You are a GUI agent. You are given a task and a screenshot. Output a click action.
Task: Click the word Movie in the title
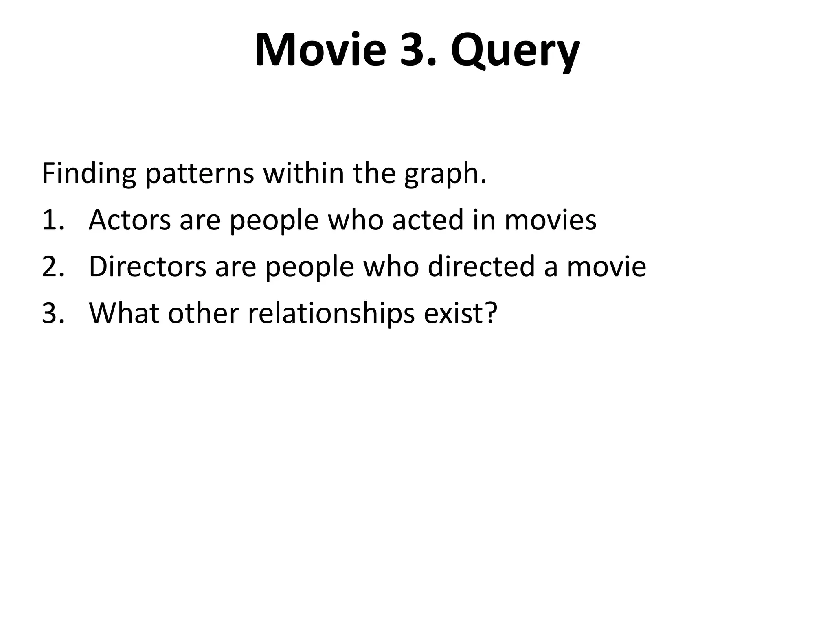[320, 50]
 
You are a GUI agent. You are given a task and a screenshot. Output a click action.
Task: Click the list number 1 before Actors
[53, 220]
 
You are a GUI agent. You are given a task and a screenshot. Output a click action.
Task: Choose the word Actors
[129, 220]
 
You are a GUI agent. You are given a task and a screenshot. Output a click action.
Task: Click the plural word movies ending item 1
[550, 220]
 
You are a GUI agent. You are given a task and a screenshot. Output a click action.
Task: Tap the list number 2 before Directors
[53, 267]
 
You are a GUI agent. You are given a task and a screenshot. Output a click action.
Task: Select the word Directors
[147, 267]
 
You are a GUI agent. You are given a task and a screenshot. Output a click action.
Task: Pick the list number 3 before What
[53, 313]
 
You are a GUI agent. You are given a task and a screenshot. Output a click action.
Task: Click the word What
[124, 313]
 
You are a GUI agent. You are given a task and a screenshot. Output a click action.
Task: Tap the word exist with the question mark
[461, 313]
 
